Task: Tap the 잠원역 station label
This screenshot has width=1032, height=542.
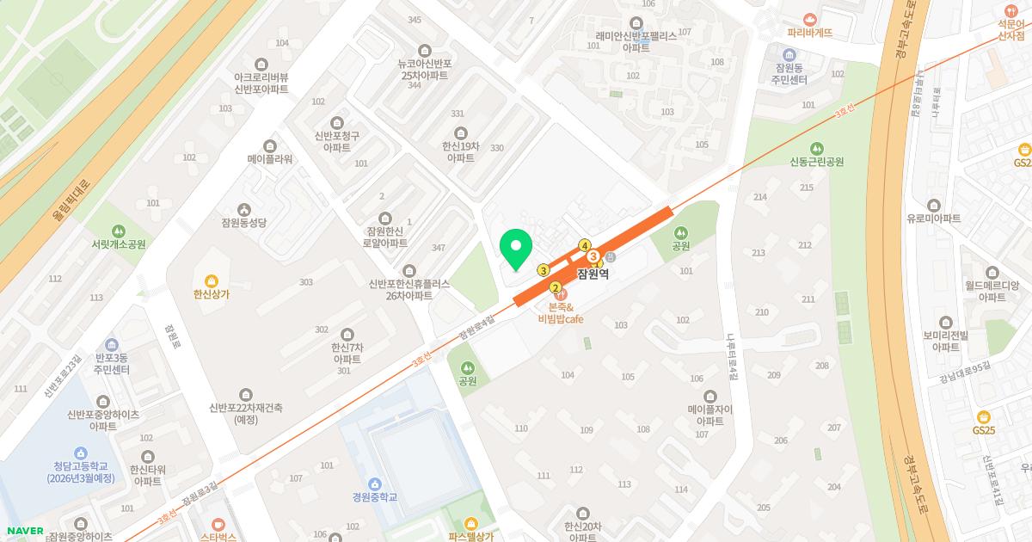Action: [x=593, y=274]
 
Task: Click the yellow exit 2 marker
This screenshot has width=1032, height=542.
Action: [x=556, y=287]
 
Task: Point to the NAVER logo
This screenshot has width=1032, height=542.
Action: [x=22, y=530]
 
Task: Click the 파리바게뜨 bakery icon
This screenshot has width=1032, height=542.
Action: [x=809, y=19]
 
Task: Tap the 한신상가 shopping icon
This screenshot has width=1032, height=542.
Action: [x=212, y=280]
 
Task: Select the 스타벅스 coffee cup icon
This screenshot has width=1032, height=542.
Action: [x=218, y=524]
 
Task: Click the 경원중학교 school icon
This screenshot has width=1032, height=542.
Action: [x=374, y=483]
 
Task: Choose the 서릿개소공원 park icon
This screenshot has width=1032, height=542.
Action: [x=119, y=231]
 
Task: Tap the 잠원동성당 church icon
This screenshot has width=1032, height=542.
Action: [x=244, y=209]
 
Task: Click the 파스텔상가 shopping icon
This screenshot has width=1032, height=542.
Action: [x=470, y=523]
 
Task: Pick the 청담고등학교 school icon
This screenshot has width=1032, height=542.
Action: [x=80, y=453]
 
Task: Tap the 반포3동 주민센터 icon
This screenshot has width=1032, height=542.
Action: [x=111, y=344]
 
